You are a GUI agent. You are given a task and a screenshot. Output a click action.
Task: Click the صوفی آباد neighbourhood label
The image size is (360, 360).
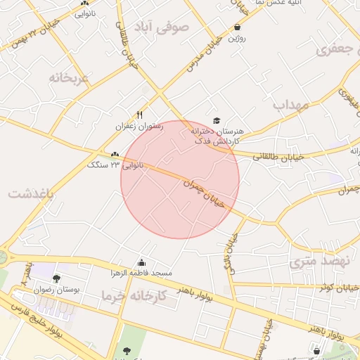169,30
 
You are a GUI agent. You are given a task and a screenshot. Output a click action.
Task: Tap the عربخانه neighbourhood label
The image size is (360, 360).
70,77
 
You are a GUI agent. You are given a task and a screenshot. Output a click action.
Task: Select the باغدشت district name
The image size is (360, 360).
31,193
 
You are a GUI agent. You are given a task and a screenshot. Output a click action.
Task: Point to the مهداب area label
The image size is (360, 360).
291,105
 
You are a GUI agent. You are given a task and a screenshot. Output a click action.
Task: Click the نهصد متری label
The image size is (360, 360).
309,262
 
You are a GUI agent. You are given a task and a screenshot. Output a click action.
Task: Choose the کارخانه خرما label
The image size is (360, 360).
134,296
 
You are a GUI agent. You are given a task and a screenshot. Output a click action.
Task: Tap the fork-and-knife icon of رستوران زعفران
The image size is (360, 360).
140,115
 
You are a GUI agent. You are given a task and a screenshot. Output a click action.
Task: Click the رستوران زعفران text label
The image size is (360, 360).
140,126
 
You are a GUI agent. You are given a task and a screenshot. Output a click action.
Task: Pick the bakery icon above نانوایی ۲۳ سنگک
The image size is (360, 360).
115,154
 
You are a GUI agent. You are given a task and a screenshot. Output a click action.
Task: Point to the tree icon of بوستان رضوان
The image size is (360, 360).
56,279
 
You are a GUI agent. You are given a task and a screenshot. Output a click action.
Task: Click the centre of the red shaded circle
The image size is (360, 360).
180,179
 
